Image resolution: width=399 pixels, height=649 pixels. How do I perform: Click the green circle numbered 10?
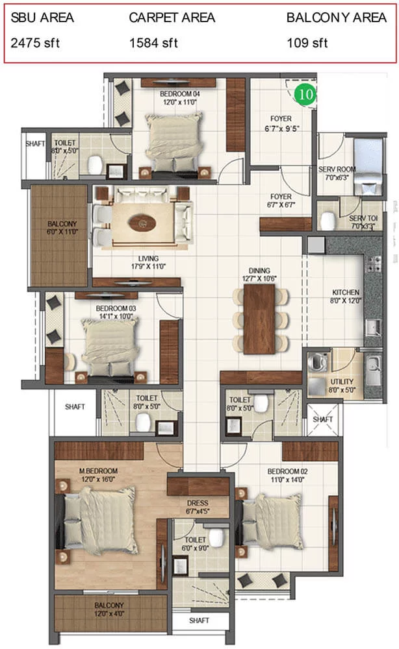pos(305,94)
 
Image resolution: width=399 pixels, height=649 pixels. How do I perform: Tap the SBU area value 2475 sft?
pos(35,43)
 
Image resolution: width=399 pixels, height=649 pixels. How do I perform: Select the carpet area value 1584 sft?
pos(153,43)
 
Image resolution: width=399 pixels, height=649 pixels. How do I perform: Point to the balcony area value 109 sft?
pos(307,43)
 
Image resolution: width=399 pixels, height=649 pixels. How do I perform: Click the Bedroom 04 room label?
pos(180,94)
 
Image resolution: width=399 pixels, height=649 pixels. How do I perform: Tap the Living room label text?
pos(148,259)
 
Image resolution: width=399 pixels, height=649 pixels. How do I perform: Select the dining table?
pos(259,319)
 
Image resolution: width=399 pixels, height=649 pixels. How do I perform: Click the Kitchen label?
pos(346,292)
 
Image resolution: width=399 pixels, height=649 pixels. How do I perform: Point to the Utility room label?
pos(342,382)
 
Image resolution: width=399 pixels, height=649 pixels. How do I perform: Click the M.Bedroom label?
pos(98,471)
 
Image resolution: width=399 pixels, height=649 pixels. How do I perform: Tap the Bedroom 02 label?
pos(287,471)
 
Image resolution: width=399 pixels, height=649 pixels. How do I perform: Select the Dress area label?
pos(198,503)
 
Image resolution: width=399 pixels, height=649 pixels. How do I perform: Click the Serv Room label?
pos(337,169)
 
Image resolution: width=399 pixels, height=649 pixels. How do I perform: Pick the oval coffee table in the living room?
pos(142,223)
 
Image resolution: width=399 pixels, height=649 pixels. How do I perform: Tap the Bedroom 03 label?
pos(116,308)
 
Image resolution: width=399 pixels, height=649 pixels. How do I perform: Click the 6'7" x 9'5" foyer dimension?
pos(282,129)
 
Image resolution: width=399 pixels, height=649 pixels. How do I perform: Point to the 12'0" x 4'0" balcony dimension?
pos(109,614)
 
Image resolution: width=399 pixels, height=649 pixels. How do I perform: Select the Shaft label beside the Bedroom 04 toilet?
pos(35,143)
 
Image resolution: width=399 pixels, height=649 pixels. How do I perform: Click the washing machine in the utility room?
pos(318,361)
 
